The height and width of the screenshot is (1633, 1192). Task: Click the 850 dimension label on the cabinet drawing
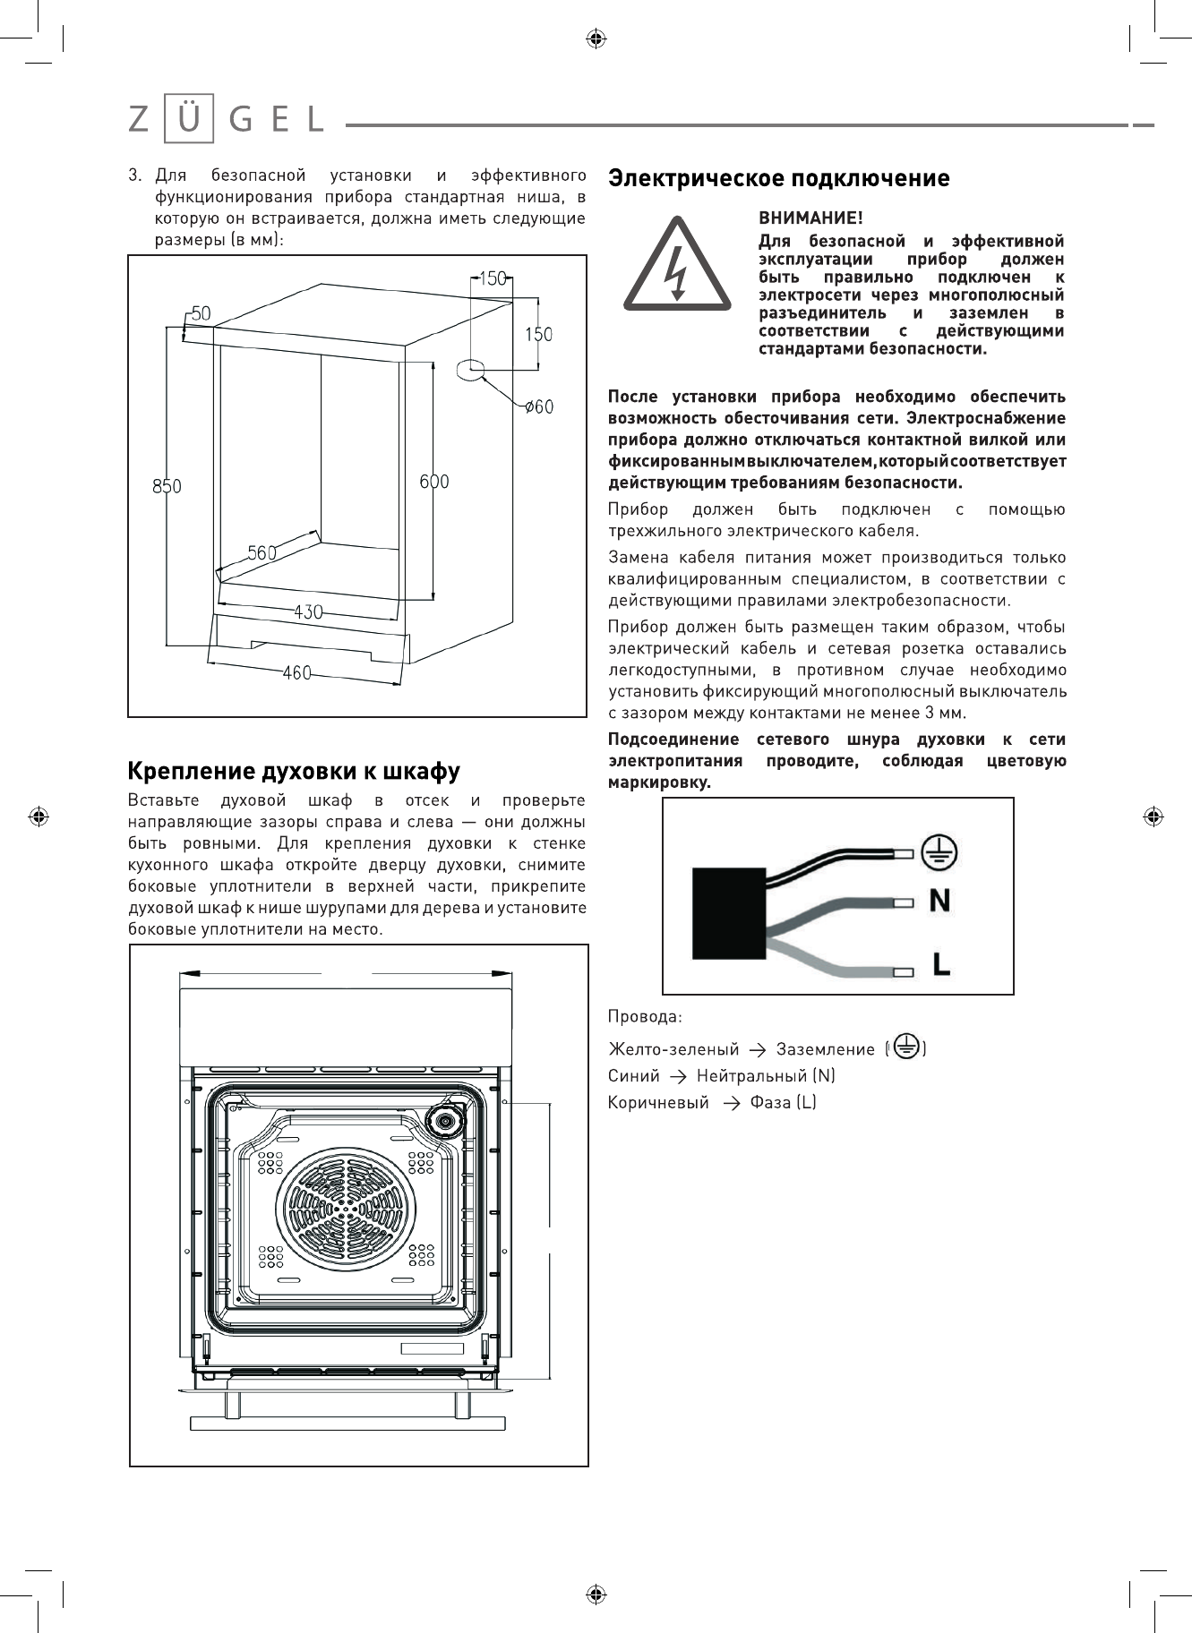coord(167,486)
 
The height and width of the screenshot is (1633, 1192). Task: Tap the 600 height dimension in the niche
coord(434,482)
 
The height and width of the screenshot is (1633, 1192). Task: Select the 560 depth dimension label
coord(262,553)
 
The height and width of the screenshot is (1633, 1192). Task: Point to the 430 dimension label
coord(308,612)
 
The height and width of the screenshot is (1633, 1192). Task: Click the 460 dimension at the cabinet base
coord(296,672)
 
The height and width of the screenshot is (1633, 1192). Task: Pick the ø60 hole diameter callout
coord(539,406)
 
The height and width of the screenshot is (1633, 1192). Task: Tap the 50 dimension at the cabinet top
coord(201,313)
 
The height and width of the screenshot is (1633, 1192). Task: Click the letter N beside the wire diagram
coord(939,900)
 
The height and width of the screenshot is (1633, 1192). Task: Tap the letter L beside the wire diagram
coord(940,964)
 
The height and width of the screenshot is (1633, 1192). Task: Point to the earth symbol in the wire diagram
coord(939,851)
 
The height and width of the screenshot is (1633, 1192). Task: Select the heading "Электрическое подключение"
coord(778,178)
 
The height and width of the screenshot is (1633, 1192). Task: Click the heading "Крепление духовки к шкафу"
coord(294,771)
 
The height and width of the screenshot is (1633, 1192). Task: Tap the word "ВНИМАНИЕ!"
coord(810,218)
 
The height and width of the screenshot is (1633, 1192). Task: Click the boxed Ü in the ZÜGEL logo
coord(189,119)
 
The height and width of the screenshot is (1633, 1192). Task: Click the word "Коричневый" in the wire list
coord(658,1103)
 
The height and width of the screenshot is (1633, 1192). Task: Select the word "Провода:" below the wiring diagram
coord(645,1017)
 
